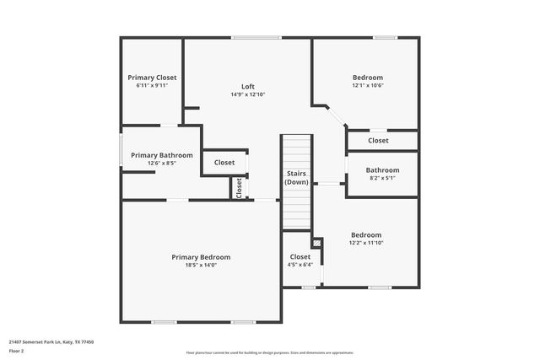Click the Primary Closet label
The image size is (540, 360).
[153, 78]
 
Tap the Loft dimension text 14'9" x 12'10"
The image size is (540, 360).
[248, 94]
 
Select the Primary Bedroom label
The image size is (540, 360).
[201, 257]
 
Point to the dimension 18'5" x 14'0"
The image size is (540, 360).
[201, 266]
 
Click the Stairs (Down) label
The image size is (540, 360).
[296, 178]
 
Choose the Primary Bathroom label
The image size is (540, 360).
[161, 155]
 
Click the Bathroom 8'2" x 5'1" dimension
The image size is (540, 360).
[382, 178]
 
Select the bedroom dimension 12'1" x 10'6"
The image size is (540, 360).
[368, 85]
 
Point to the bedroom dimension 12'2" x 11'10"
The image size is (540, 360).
[366, 243]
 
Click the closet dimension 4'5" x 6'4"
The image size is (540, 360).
[300, 265]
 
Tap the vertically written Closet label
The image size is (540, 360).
[239, 187]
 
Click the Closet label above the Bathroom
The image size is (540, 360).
[378, 141]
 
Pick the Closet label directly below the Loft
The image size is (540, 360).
[224, 163]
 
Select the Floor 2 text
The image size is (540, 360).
[17, 352]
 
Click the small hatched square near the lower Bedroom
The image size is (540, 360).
[317, 244]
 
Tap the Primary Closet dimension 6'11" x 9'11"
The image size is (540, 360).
[153, 86]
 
